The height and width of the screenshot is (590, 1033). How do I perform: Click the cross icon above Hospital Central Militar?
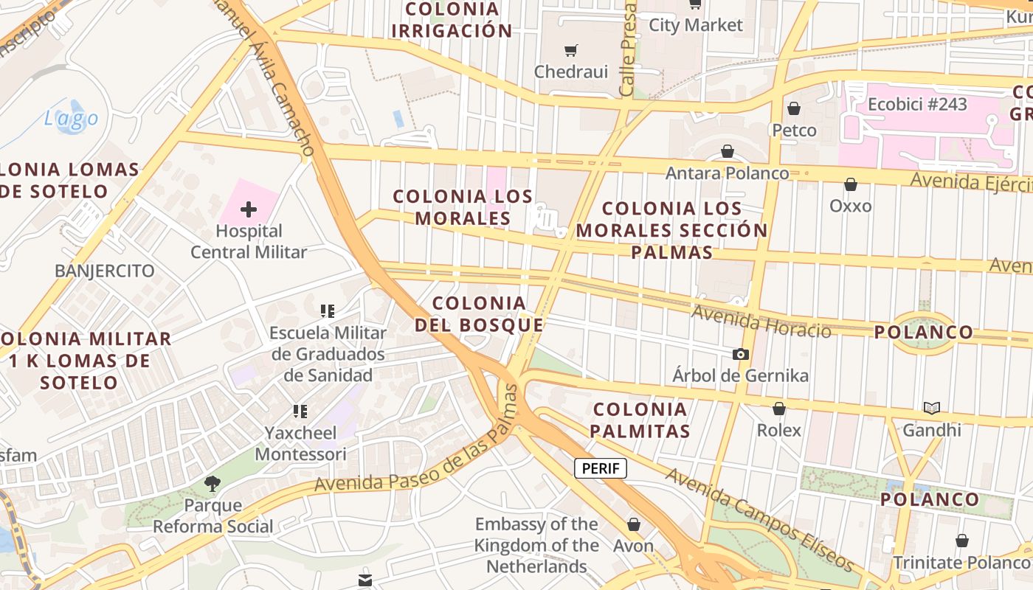pos(249,209)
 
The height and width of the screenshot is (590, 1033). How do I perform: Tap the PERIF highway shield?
pos(601,468)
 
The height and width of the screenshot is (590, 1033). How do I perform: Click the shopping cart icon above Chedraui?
pos(570,50)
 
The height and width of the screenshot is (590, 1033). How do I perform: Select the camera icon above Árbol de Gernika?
pos(741,355)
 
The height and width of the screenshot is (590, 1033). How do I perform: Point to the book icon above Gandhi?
pos(932,408)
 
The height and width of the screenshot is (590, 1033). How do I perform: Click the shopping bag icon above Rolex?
pos(778,409)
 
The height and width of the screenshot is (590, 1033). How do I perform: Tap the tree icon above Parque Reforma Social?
pos(213,484)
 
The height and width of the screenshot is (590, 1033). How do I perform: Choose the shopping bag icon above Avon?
pos(633,524)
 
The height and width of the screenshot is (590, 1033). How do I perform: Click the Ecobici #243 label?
pos(917,104)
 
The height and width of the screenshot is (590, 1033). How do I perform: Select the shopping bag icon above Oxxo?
pos(851,184)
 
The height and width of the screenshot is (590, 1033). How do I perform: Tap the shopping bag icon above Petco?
pos(794,108)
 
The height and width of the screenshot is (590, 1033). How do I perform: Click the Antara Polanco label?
pos(727,173)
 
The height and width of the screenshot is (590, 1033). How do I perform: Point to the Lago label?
pos(71,118)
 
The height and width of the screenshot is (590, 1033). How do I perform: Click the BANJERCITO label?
pos(105,271)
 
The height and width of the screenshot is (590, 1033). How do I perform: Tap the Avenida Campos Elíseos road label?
pos(759,519)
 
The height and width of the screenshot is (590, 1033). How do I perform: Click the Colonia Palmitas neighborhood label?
pos(640,420)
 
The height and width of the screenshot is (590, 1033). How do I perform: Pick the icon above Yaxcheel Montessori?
pos(300,411)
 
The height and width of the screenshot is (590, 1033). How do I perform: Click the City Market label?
pos(696,25)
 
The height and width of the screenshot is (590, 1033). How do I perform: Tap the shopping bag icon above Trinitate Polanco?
pos(961,541)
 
